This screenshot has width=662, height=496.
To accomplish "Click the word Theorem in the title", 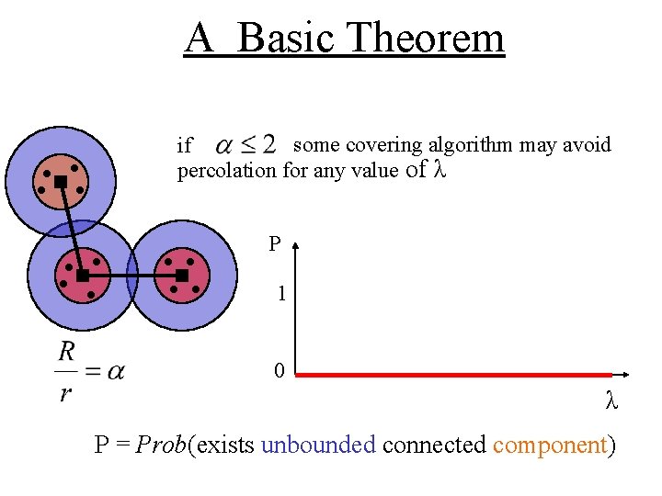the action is tap(428, 39).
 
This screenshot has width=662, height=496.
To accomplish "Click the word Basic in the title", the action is tap(290, 39).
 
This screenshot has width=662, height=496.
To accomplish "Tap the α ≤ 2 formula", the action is tap(245, 144).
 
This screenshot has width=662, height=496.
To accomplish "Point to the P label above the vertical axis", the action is tap(275, 244).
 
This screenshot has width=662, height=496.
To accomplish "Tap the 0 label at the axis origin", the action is tap(279, 371).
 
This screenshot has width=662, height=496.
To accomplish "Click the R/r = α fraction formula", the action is tap(90, 371).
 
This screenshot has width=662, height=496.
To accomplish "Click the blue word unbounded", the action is tap(319, 445).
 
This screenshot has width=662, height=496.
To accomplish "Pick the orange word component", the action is tap(550, 445).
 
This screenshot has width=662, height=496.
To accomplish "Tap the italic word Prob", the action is tap(160, 445).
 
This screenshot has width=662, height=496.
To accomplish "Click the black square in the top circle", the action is tap(61, 182).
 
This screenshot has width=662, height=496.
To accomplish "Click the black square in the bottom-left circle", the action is tap(83, 276).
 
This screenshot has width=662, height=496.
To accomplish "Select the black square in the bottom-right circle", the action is tap(181, 276).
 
